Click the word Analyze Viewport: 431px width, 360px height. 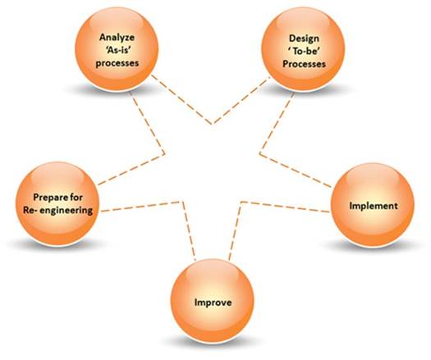pyautogui.click(x=117, y=38)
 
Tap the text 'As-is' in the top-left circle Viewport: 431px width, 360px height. pyautogui.click(x=117, y=51)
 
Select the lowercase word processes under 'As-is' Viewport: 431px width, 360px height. pyautogui.click(x=117, y=63)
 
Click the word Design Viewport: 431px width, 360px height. pyautogui.click(x=304, y=39)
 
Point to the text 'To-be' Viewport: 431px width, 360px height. pyautogui.click(x=304, y=52)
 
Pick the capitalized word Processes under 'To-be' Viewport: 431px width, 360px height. pyautogui.click(x=304, y=64)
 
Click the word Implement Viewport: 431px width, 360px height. pyautogui.click(x=374, y=206)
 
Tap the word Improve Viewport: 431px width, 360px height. pyautogui.click(x=213, y=303)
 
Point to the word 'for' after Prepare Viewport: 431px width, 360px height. pyautogui.click(x=75, y=197)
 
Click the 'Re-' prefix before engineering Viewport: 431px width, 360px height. pyautogui.click(x=30, y=210)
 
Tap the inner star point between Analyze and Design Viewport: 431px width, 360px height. pyautogui.click(x=212, y=124)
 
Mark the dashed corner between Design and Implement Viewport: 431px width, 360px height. pyautogui.click(x=260, y=153)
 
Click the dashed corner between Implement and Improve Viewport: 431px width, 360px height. pyautogui.click(x=241, y=203)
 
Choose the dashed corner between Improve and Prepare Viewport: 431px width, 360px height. pyautogui.click(x=182, y=203)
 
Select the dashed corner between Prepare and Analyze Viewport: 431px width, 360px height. pyautogui.click(x=164, y=153)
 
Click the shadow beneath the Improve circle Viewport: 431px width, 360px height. pyautogui.click(x=213, y=342)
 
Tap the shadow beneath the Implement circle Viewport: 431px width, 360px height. pyautogui.click(x=373, y=245)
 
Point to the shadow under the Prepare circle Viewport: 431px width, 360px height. pyautogui.click(x=57, y=244)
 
